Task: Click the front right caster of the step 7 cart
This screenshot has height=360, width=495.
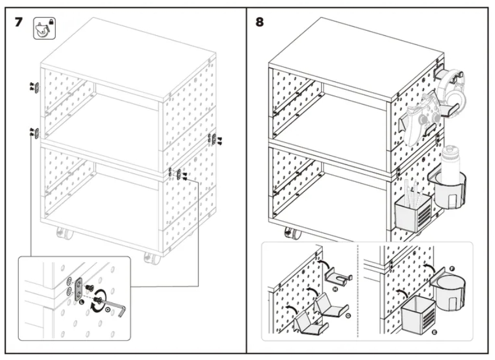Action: point(151,258)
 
